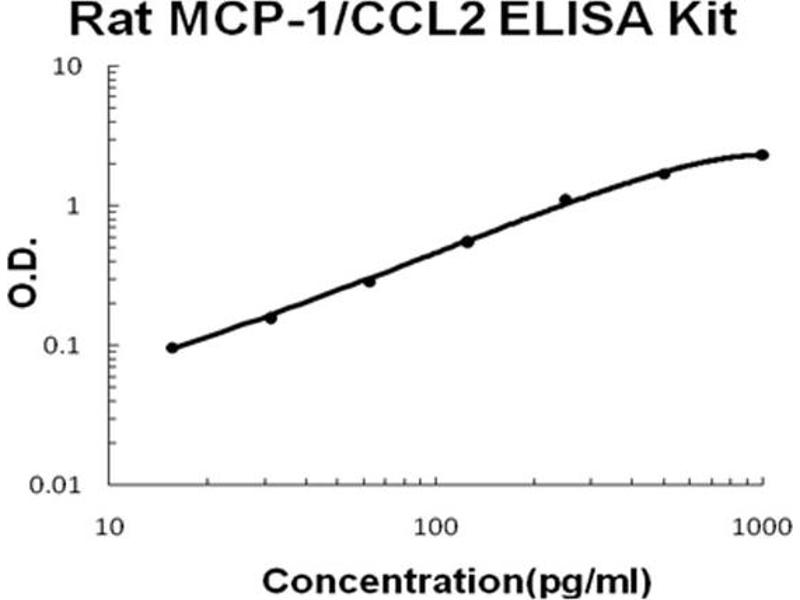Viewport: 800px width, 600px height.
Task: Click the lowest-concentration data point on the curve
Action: point(172,348)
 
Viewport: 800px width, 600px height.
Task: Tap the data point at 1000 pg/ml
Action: point(762,155)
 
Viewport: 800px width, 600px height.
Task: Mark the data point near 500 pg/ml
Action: point(664,174)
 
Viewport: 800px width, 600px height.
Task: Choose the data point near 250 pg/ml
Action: point(566,200)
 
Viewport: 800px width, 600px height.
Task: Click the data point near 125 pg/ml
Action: point(467,242)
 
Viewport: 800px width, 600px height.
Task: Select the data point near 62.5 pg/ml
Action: point(369,282)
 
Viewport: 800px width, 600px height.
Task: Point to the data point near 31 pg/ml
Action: point(270,318)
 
